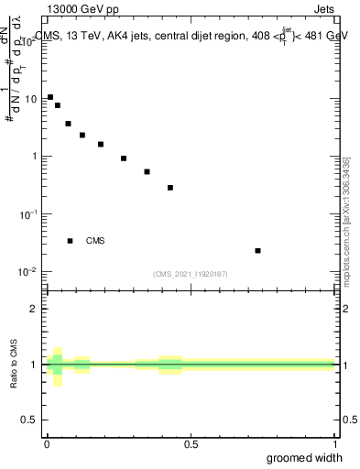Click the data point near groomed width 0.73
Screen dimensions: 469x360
[258, 250]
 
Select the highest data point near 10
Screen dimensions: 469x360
[50, 96]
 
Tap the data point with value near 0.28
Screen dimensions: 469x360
[170, 188]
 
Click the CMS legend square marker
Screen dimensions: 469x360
[70, 241]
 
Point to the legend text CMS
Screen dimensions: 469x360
[95, 241]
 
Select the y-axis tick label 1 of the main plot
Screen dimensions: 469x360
[36, 157]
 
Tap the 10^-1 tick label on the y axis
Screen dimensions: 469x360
[30, 213]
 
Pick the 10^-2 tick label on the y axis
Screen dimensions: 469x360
[30, 271]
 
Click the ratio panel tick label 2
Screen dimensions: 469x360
[36, 309]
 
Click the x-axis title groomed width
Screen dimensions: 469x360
[304, 458]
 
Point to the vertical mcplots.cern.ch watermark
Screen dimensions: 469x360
[346, 220]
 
